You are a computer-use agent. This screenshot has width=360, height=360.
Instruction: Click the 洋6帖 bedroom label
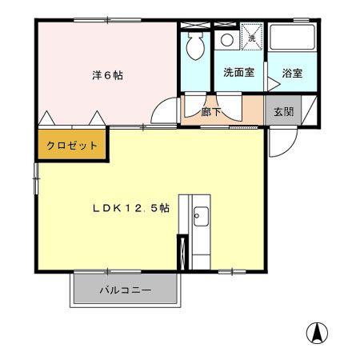tap(106, 76)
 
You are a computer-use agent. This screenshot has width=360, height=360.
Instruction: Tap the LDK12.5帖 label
tap(130, 208)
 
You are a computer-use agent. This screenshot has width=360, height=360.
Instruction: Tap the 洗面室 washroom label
tap(238, 73)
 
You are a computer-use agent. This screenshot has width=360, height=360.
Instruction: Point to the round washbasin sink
tap(226, 39)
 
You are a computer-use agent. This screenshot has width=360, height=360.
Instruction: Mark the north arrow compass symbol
tap(318, 331)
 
